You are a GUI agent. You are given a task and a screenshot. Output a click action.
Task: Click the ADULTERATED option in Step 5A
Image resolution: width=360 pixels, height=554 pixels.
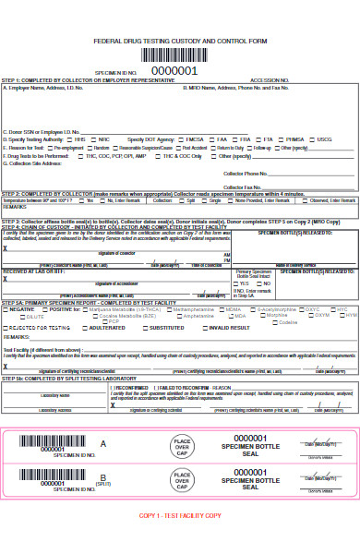pos(105,327)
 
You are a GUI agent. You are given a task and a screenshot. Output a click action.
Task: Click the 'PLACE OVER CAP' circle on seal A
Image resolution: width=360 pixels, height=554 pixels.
pos(182,447)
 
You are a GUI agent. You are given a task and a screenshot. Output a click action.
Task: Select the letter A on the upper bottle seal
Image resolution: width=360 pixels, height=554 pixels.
pos(103,444)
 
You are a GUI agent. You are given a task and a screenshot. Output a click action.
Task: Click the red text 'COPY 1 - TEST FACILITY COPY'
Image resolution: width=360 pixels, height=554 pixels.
pos(180,540)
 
